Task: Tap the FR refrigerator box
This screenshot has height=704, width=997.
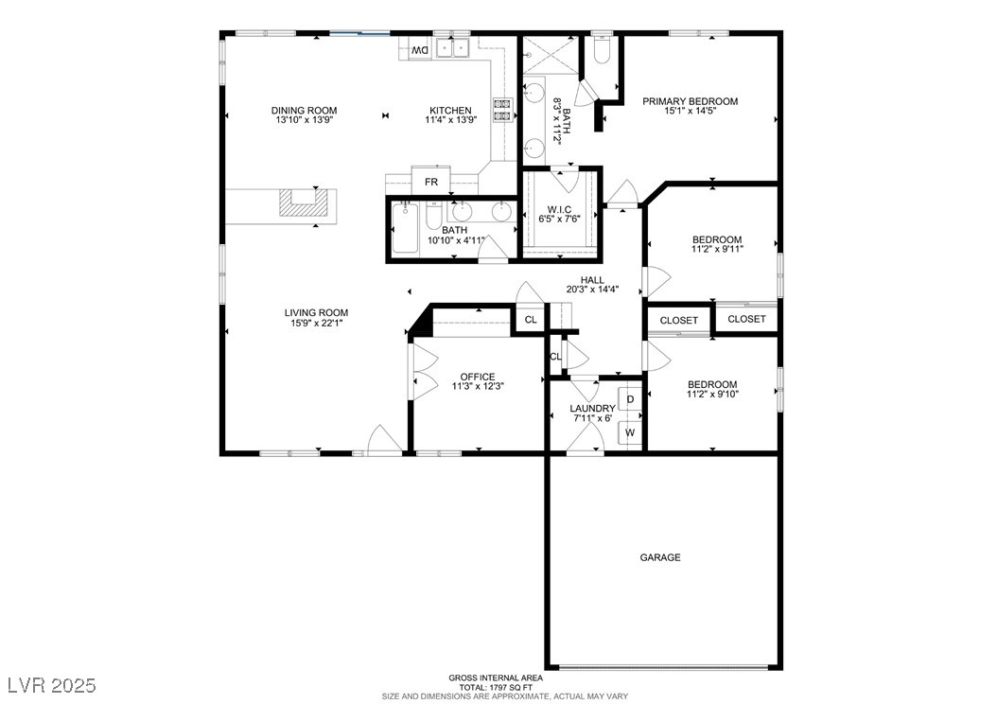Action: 430,181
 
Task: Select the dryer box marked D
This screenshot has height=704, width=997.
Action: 630,399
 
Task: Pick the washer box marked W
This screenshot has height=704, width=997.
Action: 630,432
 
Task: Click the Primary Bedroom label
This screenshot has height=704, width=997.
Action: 690,101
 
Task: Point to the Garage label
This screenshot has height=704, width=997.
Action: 660,557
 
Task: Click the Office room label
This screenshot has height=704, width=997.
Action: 478,377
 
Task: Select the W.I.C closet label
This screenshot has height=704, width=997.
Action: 559,208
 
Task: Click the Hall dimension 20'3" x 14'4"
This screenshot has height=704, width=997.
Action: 592,290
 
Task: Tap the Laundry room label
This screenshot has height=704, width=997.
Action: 592,408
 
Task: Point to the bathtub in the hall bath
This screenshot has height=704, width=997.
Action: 405,228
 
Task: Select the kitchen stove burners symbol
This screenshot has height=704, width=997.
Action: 501,110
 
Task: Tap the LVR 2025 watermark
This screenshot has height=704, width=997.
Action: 51,683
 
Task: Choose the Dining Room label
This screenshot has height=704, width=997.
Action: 304,111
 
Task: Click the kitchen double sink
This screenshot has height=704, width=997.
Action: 454,49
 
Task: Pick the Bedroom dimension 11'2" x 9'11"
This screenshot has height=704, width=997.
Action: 717,251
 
